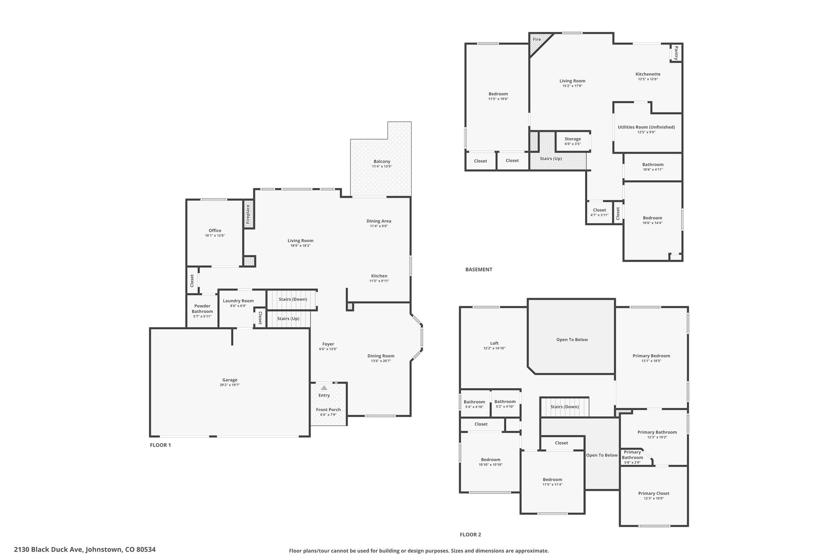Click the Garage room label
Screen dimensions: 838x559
pos(230,380)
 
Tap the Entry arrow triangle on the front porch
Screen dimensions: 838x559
pos(324,387)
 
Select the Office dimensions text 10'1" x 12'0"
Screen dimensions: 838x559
pos(215,235)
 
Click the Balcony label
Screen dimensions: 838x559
pos(382,161)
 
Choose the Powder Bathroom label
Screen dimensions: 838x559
pos(202,309)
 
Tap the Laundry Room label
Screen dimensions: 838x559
pos(238,301)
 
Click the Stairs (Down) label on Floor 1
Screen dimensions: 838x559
pos(293,299)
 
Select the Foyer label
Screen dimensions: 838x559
pos(328,344)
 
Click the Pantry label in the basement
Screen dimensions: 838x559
pos(676,53)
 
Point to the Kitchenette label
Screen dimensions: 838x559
pos(648,74)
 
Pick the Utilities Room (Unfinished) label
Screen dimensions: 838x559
pos(646,127)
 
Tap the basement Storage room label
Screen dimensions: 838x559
pos(572,139)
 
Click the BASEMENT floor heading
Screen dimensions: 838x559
pos(479,269)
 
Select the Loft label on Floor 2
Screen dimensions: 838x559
pos(494,343)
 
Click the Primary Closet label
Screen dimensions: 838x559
pos(653,493)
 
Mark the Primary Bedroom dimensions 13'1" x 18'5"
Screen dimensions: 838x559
pos(651,361)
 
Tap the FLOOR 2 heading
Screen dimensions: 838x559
pos(470,534)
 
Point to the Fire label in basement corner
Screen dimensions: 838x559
pos(536,39)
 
